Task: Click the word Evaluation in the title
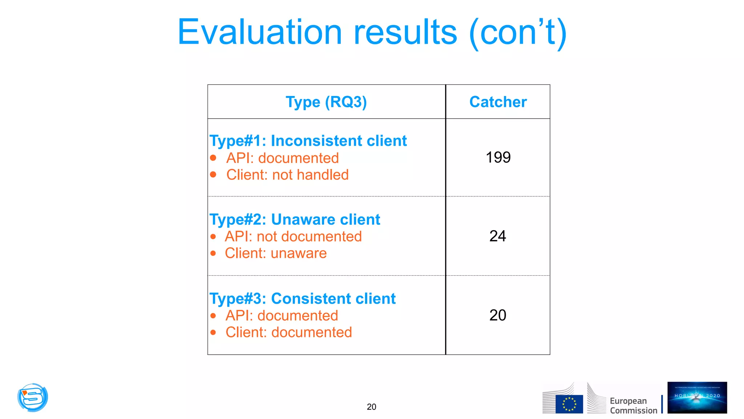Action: pyautogui.click(x=259, y=33)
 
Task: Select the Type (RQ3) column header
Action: pyautogui.click(x=326, y=102)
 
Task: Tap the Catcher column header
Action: pyautogui.click(x=498, y=102)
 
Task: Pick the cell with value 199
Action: pyautogui.click(x=498, y=157)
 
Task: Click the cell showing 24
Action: pyautogui.click(x=497, y=236)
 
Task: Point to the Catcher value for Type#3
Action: pyautogui.click(x=497, y=315)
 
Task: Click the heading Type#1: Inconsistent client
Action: pyautogui.click(x=308, y=141)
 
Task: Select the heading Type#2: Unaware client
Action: pyautogui.click(x=295, y=220)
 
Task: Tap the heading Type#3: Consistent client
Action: pyautogui.click(x=302, y=299)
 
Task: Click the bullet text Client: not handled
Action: pyautogui.click(x=287, y=175)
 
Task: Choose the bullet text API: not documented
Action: pyautogui.click(x=293, y=236)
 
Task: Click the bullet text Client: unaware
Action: pyautogui.click(x=275, y=253)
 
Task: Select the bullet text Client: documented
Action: pyautogui.click(x=288, y=332)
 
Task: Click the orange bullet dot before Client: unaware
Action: pyautogui.click(x=213, y=254)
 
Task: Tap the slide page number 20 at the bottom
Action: pyautogui.click(x=371, y=407)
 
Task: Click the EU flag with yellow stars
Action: pyautogui.click(x=569, y=404)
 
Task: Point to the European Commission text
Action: pyautogui.click(x=633, y=406)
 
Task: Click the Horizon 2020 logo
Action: pyautogui.click(x=697, y=398)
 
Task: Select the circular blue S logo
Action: pyautogui.click(x=33, y=397)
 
